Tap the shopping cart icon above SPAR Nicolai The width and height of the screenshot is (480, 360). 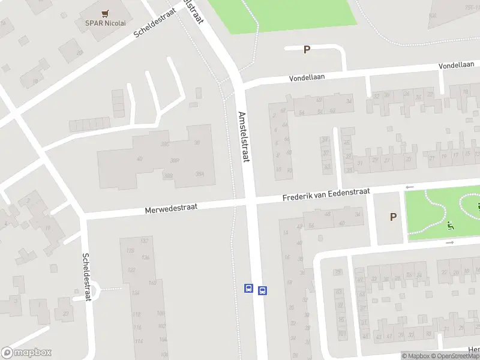click(x=106, y=13)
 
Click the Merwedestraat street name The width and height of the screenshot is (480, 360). click(x=171, y=208)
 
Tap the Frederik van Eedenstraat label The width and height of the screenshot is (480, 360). click(x=326, y=194)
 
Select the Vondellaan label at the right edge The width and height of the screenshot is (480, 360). click(x=458, y=65)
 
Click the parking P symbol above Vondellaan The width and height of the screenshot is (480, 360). click(x=307, y=50)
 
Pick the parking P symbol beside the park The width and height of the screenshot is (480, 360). click(x=393, y=217)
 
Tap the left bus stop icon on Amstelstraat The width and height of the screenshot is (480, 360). click(x=248, y=288)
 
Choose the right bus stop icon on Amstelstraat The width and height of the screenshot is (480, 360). click(x=262, y=291)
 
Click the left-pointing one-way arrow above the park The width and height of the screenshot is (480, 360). click(x=410, y=187)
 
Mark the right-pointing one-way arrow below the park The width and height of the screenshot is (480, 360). click(x=450, y=243)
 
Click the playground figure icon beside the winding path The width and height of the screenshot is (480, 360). click(x=450, y=226)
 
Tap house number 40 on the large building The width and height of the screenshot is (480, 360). click(x=140, y=159)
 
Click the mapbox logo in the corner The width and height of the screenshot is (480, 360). click(x=26, y=352)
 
